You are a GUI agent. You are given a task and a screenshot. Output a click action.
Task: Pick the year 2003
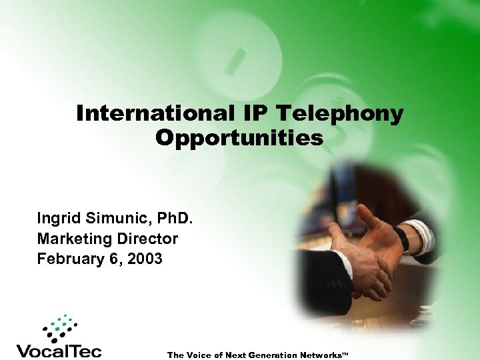(x=144, y=259)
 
